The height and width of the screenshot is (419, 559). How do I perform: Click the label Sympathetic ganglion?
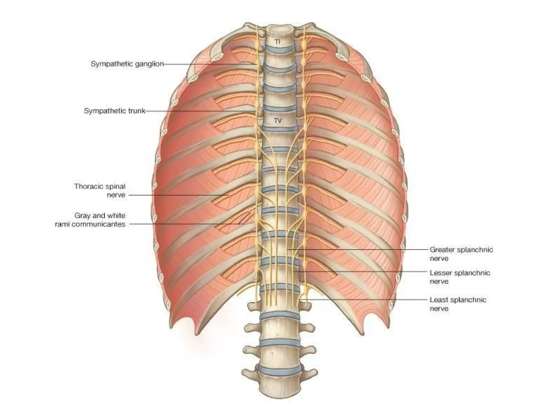[127, 64]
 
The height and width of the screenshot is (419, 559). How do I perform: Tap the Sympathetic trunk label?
[114, 111]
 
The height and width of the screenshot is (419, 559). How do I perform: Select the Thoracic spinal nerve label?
[100, 191]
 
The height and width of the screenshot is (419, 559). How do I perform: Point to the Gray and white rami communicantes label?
[90, 220]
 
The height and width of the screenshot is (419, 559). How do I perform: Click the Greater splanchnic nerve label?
[461, 254]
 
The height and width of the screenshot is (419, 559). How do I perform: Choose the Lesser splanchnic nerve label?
[460, 277]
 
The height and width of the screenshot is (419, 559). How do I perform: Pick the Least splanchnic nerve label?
[458, 304]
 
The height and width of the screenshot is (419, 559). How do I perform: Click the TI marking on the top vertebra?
[277, 42]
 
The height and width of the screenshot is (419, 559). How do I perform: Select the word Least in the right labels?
[439, 300]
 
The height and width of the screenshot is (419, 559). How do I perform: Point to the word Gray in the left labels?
[82, 216]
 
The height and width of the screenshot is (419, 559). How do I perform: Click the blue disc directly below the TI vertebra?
[281, 49]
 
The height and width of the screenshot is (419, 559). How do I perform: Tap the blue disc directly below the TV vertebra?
[279, 127]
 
